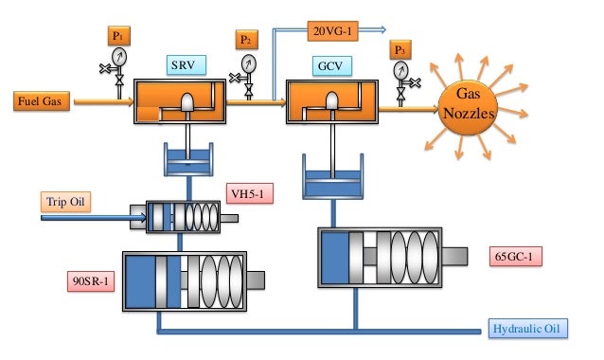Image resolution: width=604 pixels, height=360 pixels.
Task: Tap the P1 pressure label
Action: (120, 37)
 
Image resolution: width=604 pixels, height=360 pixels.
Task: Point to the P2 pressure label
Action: (246, 40)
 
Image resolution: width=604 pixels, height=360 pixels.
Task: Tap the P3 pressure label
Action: (401, 49)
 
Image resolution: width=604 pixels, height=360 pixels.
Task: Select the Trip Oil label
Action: (65, 202)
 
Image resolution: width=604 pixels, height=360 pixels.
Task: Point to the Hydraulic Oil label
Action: (527, 329)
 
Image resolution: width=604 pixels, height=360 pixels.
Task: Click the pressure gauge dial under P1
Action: (117, 57)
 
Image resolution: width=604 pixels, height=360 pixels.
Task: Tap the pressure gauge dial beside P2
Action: (247, 63)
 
